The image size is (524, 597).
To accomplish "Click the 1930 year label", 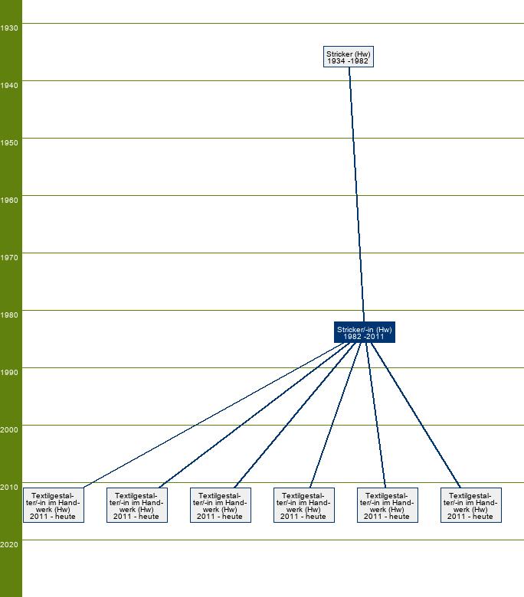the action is [x=8, y=28].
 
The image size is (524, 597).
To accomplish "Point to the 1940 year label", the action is [x=8, y=85].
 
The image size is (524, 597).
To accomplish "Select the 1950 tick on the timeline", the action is [x=8, y=143].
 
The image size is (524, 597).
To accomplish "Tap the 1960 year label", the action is [x=8, y=201].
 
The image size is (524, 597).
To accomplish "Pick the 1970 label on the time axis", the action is [x=8, y=258].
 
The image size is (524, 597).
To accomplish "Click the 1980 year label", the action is [x=8, y=315].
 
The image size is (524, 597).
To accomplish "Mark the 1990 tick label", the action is [x=8, y=373].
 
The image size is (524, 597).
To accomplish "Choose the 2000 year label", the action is [x=8, y=430].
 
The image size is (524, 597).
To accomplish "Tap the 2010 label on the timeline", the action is [x=8, y=488].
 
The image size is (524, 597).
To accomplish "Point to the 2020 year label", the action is [x=8, y=545].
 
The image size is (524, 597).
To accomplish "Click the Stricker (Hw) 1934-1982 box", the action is [x=349, y=57].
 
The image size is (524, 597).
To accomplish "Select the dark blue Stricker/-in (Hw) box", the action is [x=365, y=332].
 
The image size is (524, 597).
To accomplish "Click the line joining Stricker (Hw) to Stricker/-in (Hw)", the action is [x=357, y=194].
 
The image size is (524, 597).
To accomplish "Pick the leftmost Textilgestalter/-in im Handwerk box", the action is [x=54, y=505].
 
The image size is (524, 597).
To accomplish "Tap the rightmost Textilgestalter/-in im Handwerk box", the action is [x=471, y=505].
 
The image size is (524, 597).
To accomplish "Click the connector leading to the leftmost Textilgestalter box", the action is [x=213, y=416].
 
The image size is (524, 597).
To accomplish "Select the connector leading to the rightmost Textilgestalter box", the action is [x=416, y=416].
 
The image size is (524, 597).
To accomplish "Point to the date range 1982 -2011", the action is [x=364, y=337].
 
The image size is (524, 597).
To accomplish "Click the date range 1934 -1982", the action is [x=348, y=61].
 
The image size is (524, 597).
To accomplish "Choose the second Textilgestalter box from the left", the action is [x=137, y=505].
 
